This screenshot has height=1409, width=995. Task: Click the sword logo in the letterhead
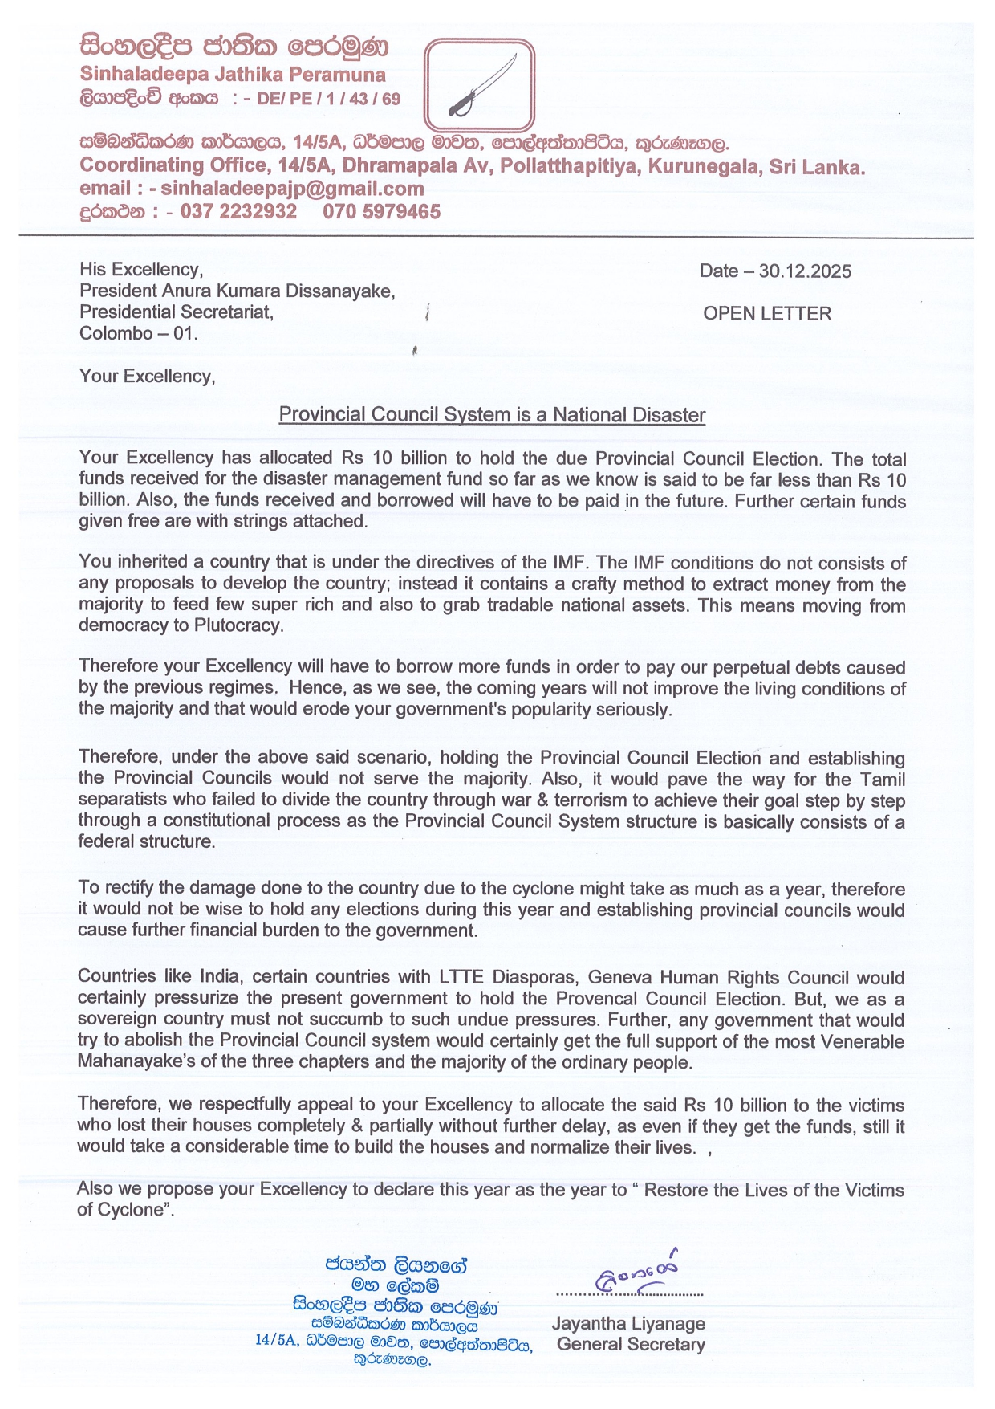[x=479, y=85]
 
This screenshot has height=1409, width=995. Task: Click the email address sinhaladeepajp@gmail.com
[x=292, y=189]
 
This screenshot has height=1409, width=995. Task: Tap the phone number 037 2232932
[x=238, y=212]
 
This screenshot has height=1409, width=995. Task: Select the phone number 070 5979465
[x=382, y=212]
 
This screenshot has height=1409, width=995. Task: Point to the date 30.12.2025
[x=805, y=271]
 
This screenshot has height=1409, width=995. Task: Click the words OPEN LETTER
[x=767, y=314]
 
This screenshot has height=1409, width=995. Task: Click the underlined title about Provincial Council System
[x=492, y=415]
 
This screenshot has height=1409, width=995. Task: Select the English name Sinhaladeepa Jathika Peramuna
[x=233, y=75]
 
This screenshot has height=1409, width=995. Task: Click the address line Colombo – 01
[x=138, y=333]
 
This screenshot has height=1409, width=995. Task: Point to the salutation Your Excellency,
[x=147, y=376]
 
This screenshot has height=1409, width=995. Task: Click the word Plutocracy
[x=238, y=626]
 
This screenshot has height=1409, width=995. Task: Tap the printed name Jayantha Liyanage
[x=628, y=1324]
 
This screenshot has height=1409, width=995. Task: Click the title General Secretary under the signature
[x=631, y=1345]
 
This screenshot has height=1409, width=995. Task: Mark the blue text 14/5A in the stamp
[x=273, y=1340]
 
